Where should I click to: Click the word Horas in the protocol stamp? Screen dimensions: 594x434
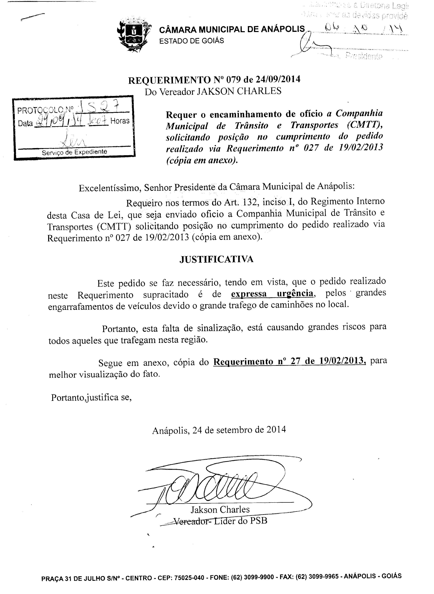pos(120,121)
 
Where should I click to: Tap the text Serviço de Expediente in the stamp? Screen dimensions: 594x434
pos(74,152)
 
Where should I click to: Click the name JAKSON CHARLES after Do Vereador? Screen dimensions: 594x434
pos(239,91)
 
